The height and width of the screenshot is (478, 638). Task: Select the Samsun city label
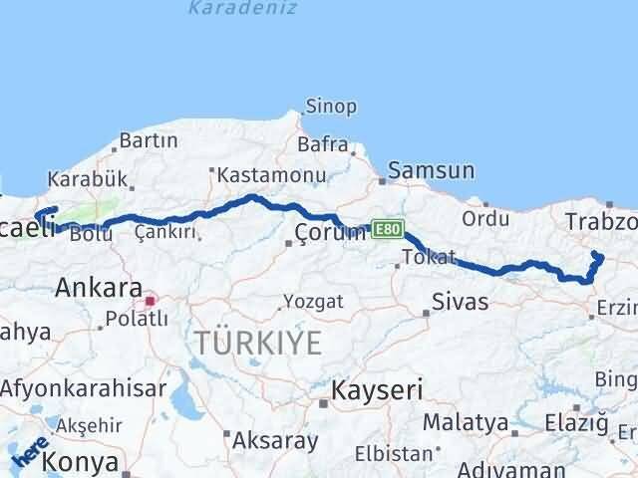(431, 171)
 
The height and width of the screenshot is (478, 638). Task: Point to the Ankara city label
(99, 288)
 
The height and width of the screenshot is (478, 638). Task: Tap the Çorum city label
(330, 234)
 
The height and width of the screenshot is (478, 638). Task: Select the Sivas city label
(460, 302)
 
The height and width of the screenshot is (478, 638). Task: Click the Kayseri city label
(377, 387)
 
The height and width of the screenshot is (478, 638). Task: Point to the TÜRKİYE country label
(258, 344)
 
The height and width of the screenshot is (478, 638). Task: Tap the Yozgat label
(313, 301)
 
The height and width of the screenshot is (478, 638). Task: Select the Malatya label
(465, 422)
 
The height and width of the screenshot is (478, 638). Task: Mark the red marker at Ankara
(151, 299)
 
